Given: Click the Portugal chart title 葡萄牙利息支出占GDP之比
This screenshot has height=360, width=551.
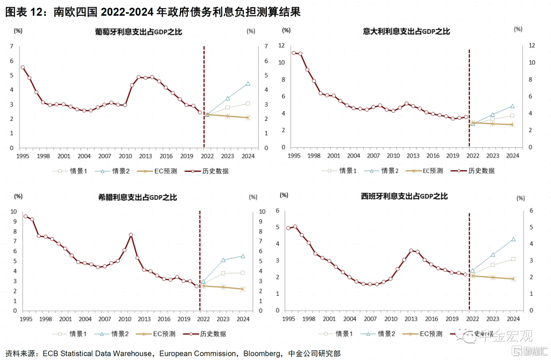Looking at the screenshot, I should point(138,32).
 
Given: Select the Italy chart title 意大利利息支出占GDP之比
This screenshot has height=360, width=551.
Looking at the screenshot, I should point(407,32).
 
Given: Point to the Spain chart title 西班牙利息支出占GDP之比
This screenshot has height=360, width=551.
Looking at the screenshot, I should point(404,196).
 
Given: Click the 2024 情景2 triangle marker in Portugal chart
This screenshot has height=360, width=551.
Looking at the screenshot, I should point(247,84).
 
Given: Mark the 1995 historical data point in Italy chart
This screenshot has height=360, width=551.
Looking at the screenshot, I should point(294,53).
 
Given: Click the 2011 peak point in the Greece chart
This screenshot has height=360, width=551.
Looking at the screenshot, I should point(131,235).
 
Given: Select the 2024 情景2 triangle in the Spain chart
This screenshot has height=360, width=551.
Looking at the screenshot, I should point(513,239).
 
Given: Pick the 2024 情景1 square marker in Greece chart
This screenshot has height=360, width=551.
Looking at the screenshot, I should point(243,273).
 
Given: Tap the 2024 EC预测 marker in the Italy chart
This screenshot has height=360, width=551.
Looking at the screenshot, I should point(512,124).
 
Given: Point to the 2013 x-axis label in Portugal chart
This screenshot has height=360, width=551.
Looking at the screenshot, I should point(145,156).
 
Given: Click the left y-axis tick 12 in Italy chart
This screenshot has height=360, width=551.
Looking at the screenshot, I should point(281,45).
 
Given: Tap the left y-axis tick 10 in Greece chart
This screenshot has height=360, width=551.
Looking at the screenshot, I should point(13,212).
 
